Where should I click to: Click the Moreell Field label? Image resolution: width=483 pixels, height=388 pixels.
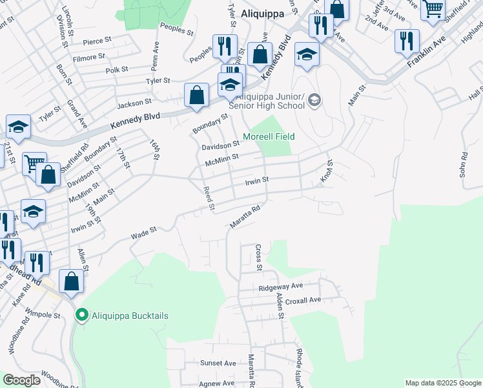269,137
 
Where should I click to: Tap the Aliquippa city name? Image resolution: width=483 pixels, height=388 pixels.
263,12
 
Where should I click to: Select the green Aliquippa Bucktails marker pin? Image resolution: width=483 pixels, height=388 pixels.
81,315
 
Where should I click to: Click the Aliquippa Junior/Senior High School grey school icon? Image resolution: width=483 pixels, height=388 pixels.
314,99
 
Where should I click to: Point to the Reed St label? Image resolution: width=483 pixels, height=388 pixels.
208,198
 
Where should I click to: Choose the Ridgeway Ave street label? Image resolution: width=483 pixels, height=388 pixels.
280,286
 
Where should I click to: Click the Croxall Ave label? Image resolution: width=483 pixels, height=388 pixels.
303,300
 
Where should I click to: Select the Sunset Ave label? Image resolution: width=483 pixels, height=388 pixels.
218,363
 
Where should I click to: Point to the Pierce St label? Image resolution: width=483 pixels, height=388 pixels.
98,41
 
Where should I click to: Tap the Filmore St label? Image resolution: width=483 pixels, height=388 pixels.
89,57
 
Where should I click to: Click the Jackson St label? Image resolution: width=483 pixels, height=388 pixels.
134,102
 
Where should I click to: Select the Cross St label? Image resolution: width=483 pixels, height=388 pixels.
258,257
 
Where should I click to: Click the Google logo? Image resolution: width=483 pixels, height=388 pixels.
21,380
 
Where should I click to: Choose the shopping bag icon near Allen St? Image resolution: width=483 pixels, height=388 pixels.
71,281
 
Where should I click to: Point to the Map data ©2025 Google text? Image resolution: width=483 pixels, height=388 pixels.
443,383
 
